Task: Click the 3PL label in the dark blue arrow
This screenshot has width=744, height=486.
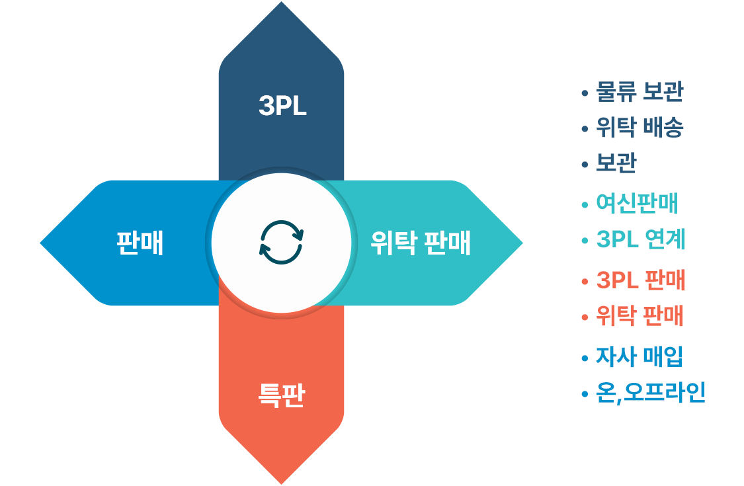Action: coord(282,105)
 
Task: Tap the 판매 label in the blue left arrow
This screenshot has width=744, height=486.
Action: coord(140,243)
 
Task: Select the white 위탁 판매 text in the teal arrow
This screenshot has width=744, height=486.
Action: coord(421,243)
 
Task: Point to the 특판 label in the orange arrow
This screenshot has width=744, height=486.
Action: coord(281,395)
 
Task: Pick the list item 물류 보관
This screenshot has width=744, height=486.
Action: coord(640,92)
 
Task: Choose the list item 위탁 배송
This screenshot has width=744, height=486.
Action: coord(640,127)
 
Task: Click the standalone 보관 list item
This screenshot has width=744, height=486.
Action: coord(616,163)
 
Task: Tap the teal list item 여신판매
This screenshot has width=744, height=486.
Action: coord(638,203)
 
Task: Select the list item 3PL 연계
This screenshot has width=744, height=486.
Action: coord(641,239)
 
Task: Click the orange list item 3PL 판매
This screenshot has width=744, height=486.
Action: coord(641,280)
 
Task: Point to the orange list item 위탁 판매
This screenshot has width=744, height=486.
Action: coord(640,315)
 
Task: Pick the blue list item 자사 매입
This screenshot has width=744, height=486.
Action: coord(640,356)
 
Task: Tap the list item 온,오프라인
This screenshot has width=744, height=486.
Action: coord(651,393)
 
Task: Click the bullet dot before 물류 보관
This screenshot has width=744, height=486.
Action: coord(585,93)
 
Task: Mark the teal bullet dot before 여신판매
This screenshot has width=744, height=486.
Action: coord(585,204)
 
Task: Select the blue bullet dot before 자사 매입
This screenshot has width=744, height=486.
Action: coord(585,358)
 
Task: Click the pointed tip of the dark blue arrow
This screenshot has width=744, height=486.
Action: coord(281,3)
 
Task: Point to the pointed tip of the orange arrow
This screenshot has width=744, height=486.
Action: coord(281,483)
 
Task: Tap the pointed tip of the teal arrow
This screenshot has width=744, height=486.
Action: coord(522,243)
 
